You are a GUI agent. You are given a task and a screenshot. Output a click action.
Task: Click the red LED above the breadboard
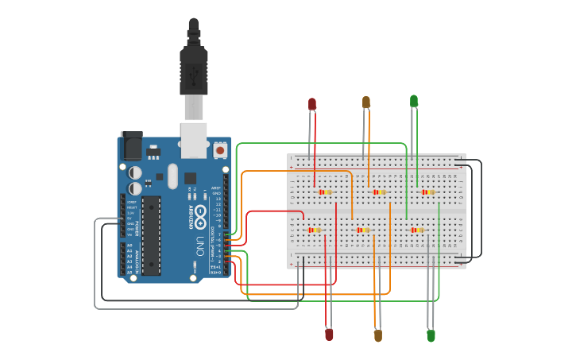[312, 104]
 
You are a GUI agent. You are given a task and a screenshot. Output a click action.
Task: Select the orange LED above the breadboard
[366, 103]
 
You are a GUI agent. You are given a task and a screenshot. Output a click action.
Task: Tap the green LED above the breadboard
[414, 101]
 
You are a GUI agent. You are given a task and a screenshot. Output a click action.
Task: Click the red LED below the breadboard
[329, 335]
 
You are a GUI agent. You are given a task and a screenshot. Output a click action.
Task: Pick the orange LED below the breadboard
[378, 335]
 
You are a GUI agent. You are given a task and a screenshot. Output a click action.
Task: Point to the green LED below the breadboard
[431, 335]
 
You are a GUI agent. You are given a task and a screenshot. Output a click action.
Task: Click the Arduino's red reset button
[220, 149]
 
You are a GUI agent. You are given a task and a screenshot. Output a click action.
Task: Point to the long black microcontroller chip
[151, 235]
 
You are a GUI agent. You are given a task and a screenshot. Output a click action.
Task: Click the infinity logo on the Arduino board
[199, 214]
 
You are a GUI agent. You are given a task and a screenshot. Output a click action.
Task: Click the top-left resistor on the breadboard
[324, 192]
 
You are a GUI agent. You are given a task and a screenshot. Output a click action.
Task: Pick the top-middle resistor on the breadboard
[378, 192]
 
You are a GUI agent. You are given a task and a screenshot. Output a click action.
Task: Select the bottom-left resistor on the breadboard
[315, 230]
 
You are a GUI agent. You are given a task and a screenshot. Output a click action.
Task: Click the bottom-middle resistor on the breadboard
[363, 230]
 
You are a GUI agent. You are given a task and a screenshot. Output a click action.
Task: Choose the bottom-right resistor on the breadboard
[417, 230]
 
